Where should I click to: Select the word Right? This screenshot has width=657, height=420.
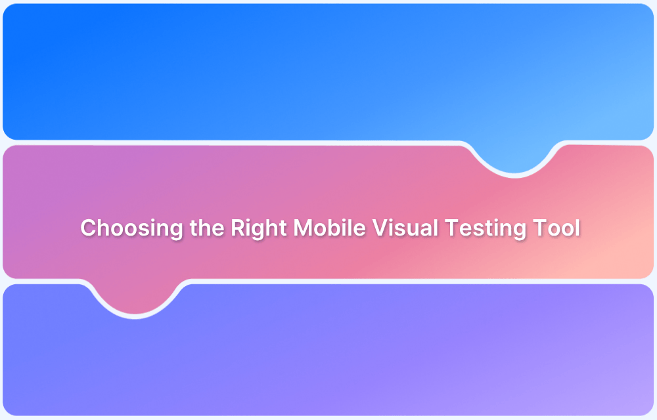point(259,228)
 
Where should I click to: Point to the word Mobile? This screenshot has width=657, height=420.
point(330,228)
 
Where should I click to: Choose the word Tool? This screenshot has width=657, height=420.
point(556,228)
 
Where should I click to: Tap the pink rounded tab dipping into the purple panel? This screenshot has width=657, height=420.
point(135,299)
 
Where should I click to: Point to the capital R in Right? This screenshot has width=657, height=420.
point(238,228)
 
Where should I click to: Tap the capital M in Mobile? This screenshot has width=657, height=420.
point(303,228)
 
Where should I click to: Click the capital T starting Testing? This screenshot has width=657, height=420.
point(451,228)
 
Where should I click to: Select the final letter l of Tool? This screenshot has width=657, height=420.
point(578,228)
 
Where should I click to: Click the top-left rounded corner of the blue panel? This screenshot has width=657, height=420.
point(9,10)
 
